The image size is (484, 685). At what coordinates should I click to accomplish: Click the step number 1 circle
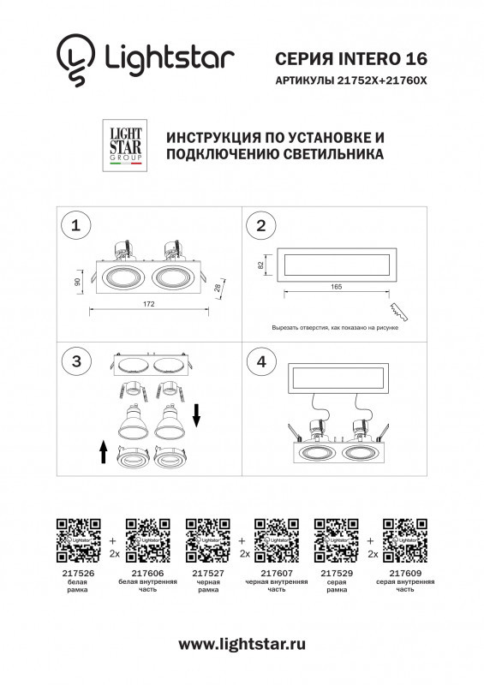pyautogui.click(x=76, y=226)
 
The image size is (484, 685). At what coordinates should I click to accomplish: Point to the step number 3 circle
pyautogui.click(x=76, y=362)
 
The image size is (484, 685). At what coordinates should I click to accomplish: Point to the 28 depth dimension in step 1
pyautogui.click(x=220, y=289)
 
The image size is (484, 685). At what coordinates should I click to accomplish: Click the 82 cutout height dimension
pyautogui.click(x=260, y=265)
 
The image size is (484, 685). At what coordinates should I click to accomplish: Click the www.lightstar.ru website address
pyautogui.click(x=242, y=643)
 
